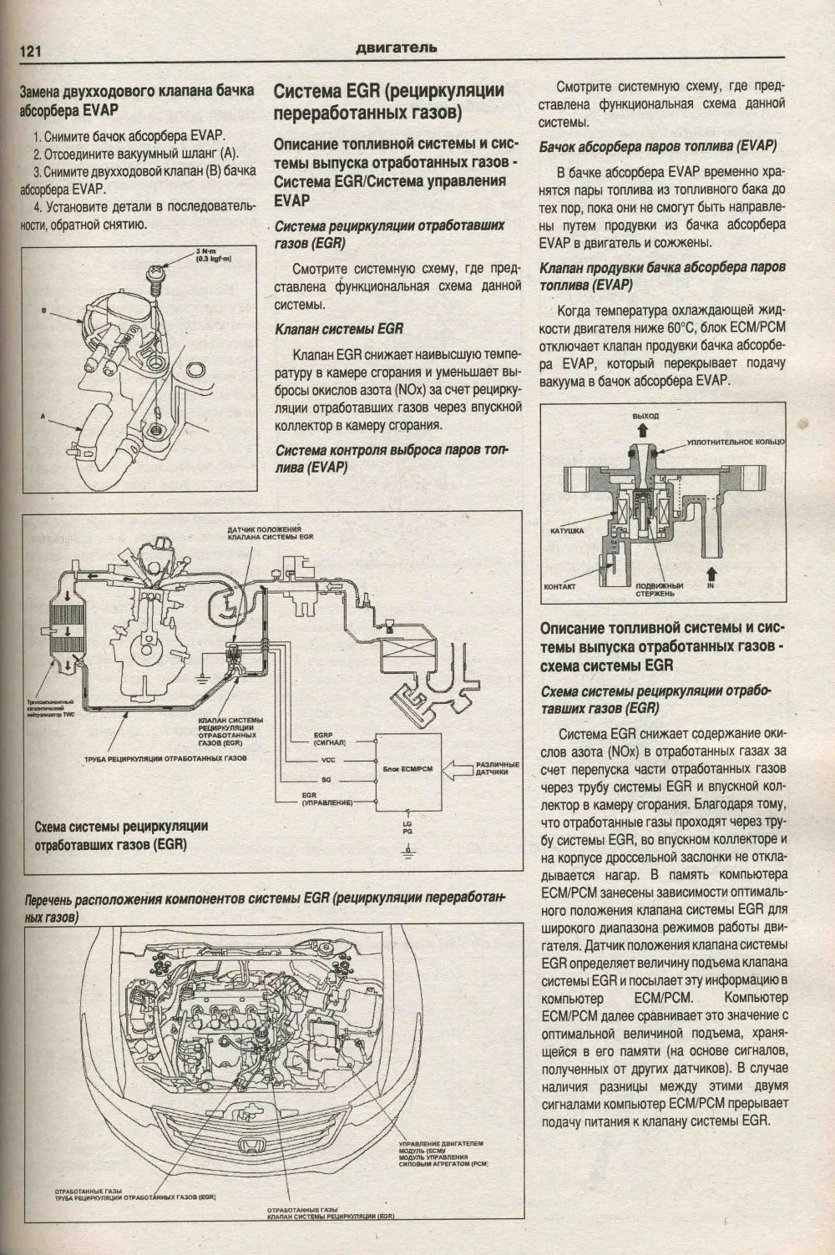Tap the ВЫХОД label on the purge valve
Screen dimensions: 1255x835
tap(645, 416)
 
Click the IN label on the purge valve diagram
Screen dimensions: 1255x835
tap(711, 587)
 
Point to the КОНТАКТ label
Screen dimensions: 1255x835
tap(560, 587)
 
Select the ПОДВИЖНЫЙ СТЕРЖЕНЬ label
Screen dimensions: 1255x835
tap(659, 590)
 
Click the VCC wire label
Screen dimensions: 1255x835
tap(328, 761)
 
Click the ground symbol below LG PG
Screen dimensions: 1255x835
tap(407, 853)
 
